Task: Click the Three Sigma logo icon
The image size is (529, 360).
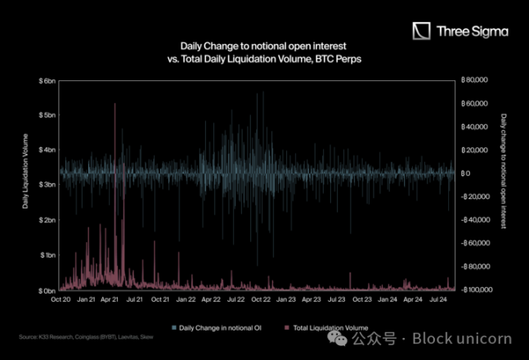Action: (421, 32)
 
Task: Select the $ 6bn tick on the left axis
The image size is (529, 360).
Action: (46, 81)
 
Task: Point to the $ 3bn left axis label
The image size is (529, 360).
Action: (46, 185)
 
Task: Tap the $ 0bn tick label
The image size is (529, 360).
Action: (46, 290)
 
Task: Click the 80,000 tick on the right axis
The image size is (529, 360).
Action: (474, 80)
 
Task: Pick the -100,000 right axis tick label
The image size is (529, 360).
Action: (475, 290)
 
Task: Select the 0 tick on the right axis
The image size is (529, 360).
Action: (465, 173)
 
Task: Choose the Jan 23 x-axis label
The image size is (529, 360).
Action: (287, 300)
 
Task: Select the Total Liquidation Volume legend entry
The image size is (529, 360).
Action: (324, 327)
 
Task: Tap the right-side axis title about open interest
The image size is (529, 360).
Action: (504, 171)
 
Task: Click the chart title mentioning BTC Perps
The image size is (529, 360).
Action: (262, 53)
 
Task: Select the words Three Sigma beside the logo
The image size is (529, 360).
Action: (473, 32)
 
